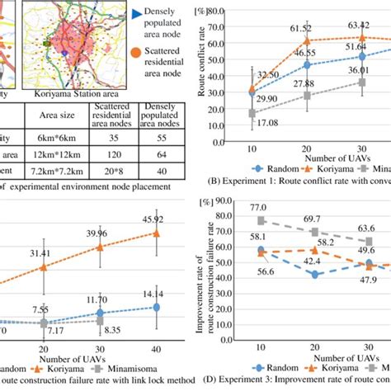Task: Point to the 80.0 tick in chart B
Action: point(217,12)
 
